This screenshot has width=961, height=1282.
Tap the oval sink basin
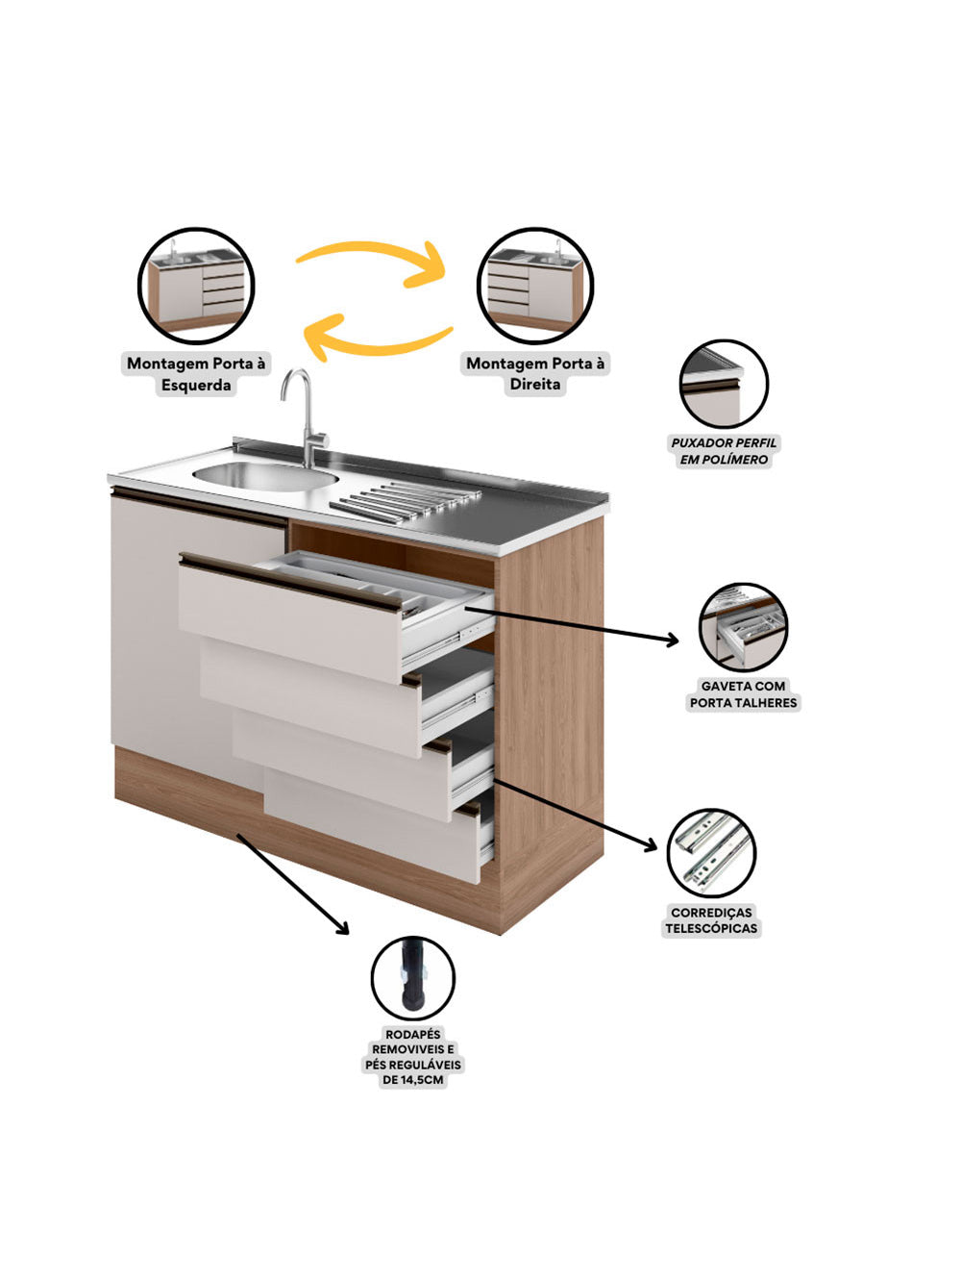click(264, 475)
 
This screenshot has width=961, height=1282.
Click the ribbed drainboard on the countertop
click(404, 501)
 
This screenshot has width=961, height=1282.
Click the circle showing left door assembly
click(196, 286)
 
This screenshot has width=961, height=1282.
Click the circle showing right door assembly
click(535, 286)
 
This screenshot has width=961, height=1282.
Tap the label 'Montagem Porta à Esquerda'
click(196, 374)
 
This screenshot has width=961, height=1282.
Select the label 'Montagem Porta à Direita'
click(535, 373)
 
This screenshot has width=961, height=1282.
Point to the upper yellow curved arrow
click(373, 262)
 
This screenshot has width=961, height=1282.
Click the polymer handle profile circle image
click(724, 384)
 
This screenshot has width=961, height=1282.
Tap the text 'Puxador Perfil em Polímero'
click(724, 451)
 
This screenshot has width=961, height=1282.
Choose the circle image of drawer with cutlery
click(743, 627)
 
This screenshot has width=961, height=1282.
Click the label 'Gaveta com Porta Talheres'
click(743, 694)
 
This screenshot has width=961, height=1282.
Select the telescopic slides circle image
click(711, 852)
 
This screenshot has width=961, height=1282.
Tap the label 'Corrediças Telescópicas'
click(711, 920)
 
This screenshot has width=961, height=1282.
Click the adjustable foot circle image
click(412, 978)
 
